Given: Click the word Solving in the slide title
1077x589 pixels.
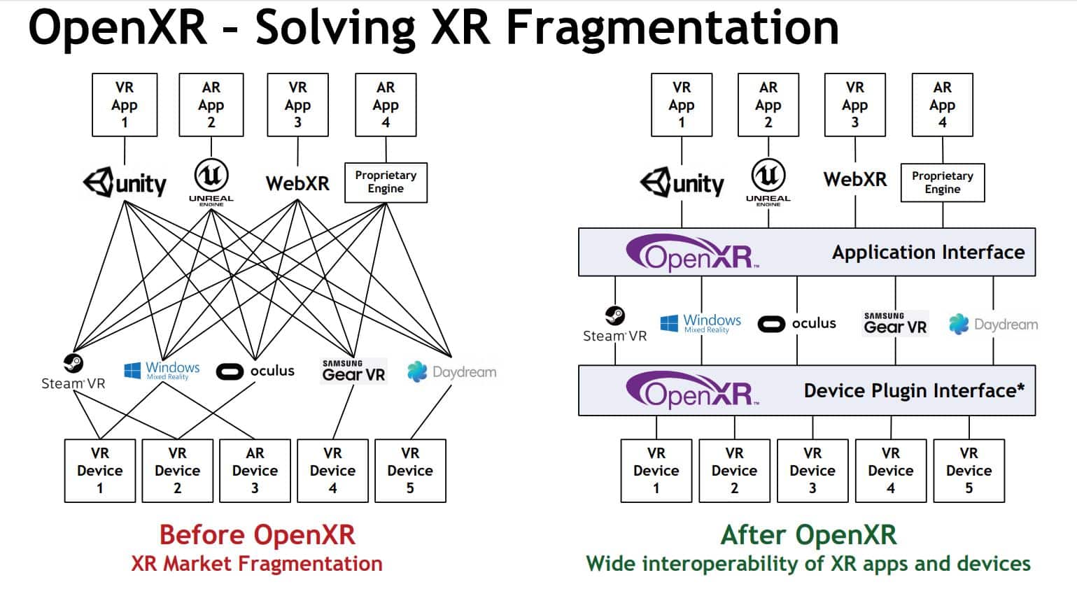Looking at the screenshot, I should click(x=337, y=28).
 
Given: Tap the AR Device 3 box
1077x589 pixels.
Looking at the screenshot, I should click(x=255, y=471).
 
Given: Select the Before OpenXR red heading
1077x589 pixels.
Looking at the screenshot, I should click(x=257, y=535).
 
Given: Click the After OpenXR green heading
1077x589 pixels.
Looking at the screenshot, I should click(x=808, y=535).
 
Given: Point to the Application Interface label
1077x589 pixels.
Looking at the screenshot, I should click(x=928, y=252).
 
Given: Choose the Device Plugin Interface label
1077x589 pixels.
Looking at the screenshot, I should click(x=913, y=390).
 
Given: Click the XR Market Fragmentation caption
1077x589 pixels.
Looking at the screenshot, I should click(x=257, y=564).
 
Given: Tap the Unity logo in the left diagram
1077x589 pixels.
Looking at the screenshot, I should click(x=125, y=183).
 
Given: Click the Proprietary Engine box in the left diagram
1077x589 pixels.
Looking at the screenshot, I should click(x=386, y=183).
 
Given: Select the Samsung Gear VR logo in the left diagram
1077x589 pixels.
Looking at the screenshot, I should click(x=353, y=371).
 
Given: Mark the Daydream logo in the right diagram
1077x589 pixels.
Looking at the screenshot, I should click(x=993, y=325).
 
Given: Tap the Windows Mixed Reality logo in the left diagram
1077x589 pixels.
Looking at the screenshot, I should click(x=162, y=370).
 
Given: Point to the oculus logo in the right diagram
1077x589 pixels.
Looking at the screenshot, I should click(x=796, y=324).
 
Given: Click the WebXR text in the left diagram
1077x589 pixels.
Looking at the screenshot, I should click(x=297, y=183).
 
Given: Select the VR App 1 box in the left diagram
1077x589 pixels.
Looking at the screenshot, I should click(x=125, y=105).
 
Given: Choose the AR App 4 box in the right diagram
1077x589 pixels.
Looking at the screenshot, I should click(x=942, y=105).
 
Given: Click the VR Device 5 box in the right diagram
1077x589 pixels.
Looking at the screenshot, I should click(x=969, y=471).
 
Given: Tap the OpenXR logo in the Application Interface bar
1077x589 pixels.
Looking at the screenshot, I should click(x=692, y=253).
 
